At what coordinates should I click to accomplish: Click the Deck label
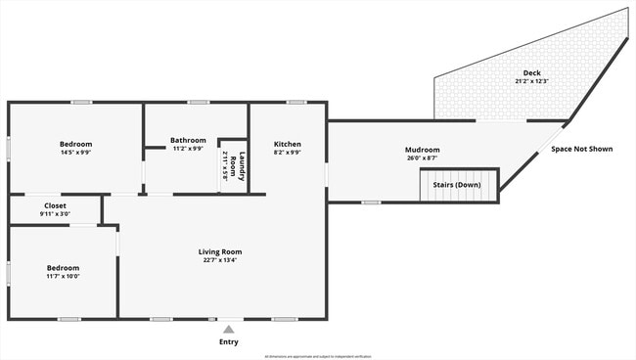pyautogui.click(x=531, y=73)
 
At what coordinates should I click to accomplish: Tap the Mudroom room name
pyautogui.click(x=423, y=150)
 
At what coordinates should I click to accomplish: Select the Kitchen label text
pyautogui.click(x=287, y=144)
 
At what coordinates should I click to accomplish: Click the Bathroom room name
pyautogui.click(x=188, y=140)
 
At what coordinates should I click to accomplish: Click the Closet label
pyautogui.click(x=55, y=205)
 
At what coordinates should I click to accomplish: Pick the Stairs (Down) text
pyautogui.click(x=456, y=184)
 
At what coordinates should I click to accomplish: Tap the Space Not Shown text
pyautogui.click(x=581, y=149)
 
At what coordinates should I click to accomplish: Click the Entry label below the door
pyautogui.click(x=228, y=342)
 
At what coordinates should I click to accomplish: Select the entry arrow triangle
pyautogui.click(x=228, y=330)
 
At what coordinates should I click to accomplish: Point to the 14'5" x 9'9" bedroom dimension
pyautogui.click(x=75, y=153)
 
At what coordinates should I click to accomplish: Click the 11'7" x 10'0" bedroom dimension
pyautogui.click(x=63, y=276)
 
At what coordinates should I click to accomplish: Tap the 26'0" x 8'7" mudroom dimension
pyautogui.click(x=423, y=157)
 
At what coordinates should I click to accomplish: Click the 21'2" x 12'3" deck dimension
pyautogui.click(x=531, y=81)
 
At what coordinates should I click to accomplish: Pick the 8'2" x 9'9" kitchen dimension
pyautogui.click(x=287, y=153)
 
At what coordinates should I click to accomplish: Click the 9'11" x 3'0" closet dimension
pyautogui.click(x=55, y=213)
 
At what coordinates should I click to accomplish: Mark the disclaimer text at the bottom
pyautogui.click(x=317, y=356)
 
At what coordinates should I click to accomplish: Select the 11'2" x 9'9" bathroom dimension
pyautogui.click(x=188, y=149)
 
